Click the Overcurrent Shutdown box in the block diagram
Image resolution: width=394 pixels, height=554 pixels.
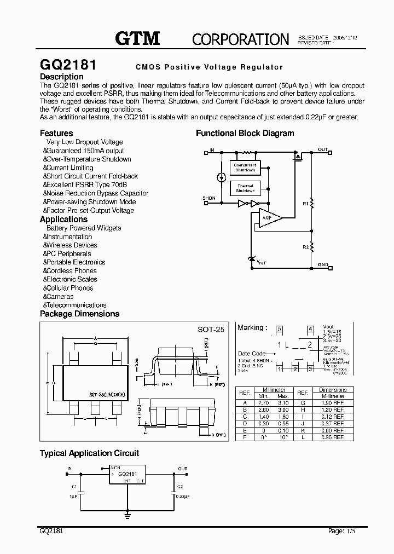point(245,168)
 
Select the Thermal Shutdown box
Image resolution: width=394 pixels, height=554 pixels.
point(245,189)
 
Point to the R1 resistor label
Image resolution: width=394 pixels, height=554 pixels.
point(305,204)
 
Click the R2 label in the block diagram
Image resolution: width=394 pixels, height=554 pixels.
point(305,247)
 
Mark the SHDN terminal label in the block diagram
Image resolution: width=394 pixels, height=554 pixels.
point(208,198)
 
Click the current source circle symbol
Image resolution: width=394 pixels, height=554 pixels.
point(221,177)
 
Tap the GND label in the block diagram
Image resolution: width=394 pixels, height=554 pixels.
point(323,264)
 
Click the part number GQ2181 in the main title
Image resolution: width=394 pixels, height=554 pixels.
point(68,65)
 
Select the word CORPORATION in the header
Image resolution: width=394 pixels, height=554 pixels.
point(240,39)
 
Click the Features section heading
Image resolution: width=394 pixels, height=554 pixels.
point(56,133)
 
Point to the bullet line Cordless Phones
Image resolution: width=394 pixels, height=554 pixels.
point(71,270)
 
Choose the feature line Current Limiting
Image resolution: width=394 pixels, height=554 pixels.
point(69,168)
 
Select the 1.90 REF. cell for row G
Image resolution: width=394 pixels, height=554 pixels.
point(332,402)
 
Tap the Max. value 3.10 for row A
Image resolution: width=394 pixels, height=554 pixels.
point(283,402)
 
